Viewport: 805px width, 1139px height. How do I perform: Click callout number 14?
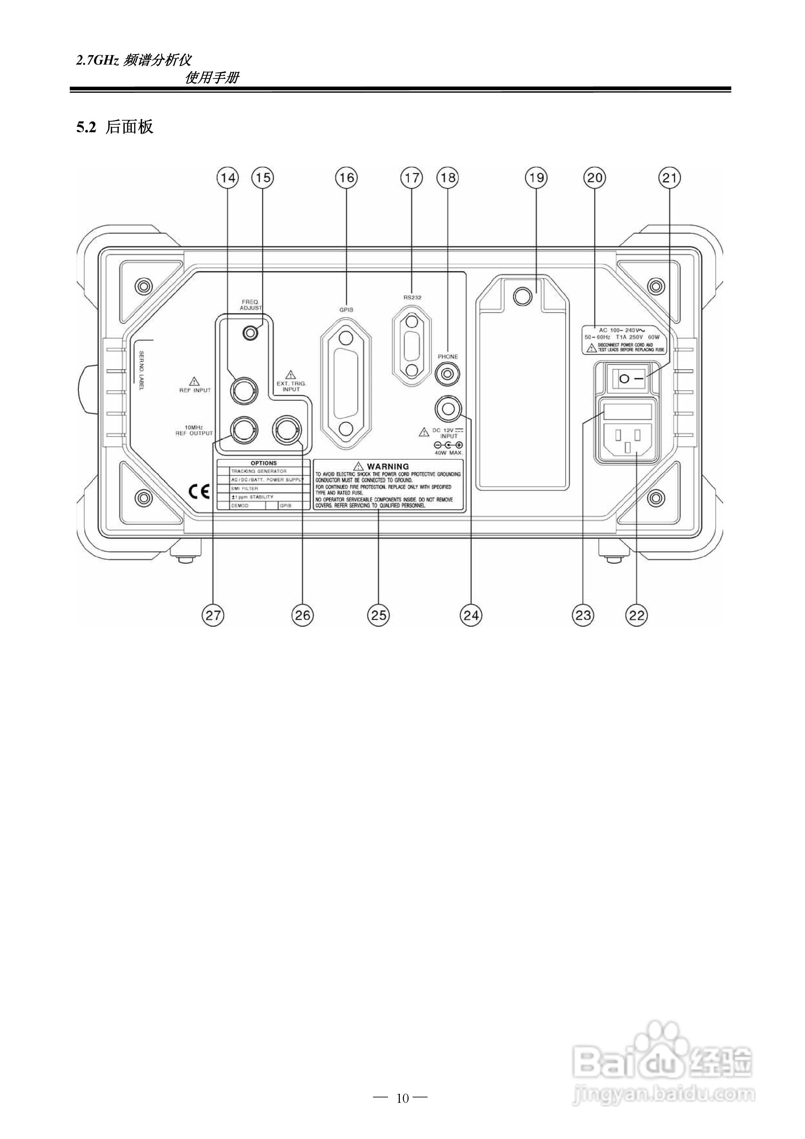pyautogui.click(x=228, y=178)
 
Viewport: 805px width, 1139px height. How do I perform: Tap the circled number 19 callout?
pyautogui.click(x=536, y=178)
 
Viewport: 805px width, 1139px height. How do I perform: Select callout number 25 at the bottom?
pyautogui.click(x=378, y=615)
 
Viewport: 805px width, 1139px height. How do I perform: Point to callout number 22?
pyautogui.click(x=637, y=615)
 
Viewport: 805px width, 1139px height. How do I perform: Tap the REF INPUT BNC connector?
pyautogui.click(x=244, y=391)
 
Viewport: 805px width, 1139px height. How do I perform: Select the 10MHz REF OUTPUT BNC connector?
pyautogui.click(x=244, y=429)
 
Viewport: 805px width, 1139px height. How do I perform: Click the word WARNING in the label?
pyautogui.click(x=388, y=466)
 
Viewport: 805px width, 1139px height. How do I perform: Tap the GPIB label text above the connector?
pyautogui.click(x=346, y=309)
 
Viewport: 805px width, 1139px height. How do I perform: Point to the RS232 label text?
pyautogui.click(x=412, y=297)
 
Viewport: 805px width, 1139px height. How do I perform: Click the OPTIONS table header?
pyautogui.click(x=263, y=463)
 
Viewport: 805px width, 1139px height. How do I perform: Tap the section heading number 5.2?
pyautogui.click(x=85, y=127)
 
